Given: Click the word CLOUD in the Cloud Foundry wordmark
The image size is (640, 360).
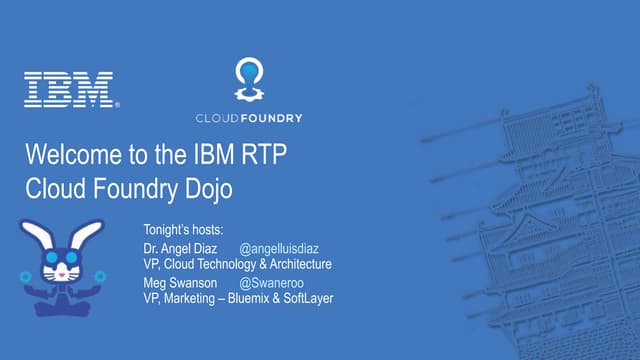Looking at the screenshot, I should [217, 118].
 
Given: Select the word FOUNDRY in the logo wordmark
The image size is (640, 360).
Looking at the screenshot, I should [271, 118].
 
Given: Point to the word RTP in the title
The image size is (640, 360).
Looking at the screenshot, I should [267, 156].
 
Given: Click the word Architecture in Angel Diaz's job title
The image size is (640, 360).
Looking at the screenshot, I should [295, 265].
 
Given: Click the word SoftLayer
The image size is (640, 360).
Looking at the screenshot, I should [308, 298].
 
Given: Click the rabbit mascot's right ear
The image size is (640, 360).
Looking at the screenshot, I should [86, 236].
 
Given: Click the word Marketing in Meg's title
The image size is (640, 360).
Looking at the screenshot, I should [189, 298].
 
